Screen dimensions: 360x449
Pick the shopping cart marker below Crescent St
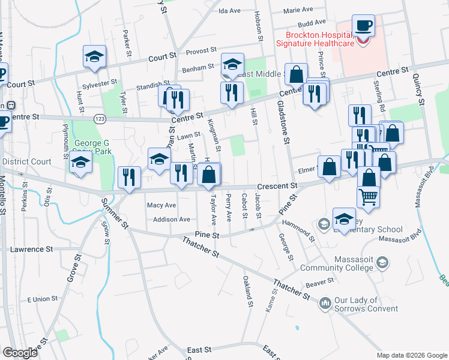pyautogui.click(x=369, y=197)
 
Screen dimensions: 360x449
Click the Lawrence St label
pyautogui.click(x=32, y=249)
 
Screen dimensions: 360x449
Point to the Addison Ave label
pyautogui.click(x=172, y=220)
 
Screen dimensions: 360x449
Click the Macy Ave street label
pyautogui.click(x=161, y=205)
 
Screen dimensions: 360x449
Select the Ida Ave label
pyautogui.click(x=229, y=11)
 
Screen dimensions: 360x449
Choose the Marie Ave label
pyautogui.click(x=298, y=10)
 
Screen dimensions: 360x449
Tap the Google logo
pyautogui.click(x=19, y=353)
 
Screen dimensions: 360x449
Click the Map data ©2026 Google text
pyautogui.click(x=411, y=355)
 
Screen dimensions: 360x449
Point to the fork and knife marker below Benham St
pyautogui.click(x=231, y=92)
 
